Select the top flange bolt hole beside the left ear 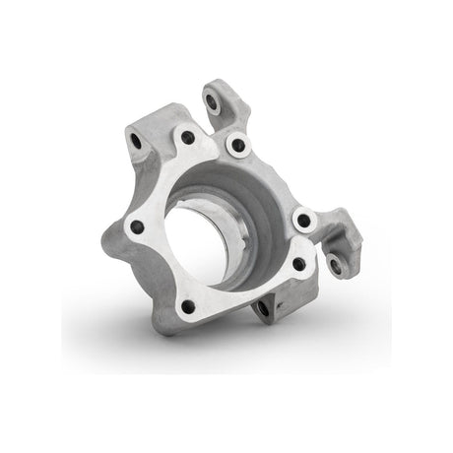click(x=186, y=139)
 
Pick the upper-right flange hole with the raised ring click(x=236, y=146)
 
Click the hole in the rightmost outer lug click(x=335, y=264)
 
